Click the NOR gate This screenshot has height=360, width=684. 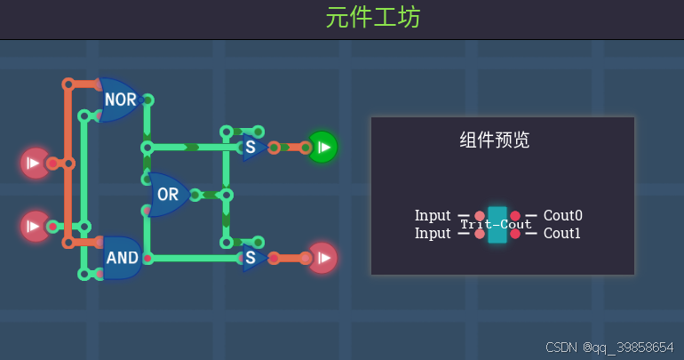pos(120,100)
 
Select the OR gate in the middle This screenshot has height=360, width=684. pos(168,195)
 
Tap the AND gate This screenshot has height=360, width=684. pos(122,258)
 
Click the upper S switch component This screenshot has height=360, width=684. pos(251,148)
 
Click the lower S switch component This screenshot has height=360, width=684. pos(251,259)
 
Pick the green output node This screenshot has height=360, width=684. pos(322,147)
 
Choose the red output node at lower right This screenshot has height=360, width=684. pos(322,258)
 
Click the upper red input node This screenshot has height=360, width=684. pos(35,163)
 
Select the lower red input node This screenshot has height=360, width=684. pos(35,226)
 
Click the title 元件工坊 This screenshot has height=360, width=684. pos(372,18)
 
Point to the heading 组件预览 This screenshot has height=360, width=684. pos(494,140)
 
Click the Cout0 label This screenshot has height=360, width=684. pos(563,216)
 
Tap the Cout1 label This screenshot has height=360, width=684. pos(563,234)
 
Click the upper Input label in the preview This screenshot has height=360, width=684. pos(433,216)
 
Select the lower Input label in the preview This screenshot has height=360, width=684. pos(433,234)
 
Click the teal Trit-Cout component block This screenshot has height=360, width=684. pos(497,225)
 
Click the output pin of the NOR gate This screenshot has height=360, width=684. pos(147,100)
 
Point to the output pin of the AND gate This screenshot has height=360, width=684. pos(147,259)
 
